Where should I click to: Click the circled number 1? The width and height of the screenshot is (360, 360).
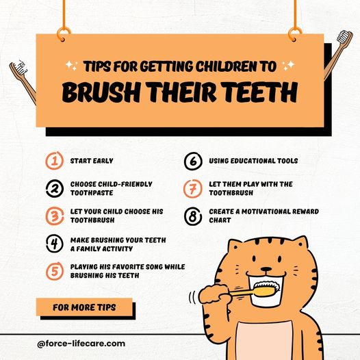(55, 161)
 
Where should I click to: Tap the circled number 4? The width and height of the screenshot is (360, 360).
(55, 244)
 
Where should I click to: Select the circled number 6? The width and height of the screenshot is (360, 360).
(193, 161)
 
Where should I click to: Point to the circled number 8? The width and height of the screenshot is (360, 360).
(193, 216)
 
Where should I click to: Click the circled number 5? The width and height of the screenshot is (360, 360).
(55, 271)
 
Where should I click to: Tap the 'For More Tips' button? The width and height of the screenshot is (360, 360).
(84, 307)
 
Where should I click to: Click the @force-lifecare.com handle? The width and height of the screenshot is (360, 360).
(81, 344)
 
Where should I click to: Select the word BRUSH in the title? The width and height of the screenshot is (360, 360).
(101, 92)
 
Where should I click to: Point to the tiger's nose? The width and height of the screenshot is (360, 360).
(266, 269)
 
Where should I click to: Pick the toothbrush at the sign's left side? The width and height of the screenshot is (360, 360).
(23, 81)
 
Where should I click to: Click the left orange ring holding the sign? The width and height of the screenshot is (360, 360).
(64, 34)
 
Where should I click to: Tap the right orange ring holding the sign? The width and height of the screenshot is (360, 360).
(295, 34)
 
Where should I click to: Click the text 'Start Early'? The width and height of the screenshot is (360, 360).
(92, 161)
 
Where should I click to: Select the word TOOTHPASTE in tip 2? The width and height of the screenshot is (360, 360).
(92, 192)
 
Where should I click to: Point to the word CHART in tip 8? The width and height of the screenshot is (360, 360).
(220, 220)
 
